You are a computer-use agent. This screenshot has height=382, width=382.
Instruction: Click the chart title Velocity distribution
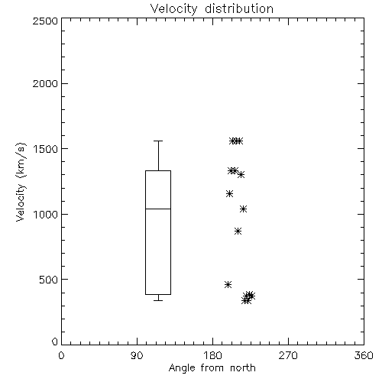[x=212, y=8]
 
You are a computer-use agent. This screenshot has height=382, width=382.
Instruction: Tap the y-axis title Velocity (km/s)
[x=21, y=182]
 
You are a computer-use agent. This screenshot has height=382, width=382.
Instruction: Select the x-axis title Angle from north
[x=212, y=367]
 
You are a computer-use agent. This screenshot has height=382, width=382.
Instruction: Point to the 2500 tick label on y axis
[x=45, y=21]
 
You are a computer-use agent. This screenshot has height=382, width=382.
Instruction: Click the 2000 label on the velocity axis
[x=45, y=83]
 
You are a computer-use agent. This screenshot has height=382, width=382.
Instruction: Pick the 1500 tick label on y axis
[x=46, y=149]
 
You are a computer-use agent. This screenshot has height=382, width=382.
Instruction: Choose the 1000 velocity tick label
[x=46, y=214]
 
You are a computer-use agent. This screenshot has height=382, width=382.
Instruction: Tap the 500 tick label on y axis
[x=48, y=280]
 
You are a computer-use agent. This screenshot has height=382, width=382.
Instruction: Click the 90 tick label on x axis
[x=137, y=355]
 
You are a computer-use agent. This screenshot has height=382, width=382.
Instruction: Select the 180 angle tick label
[x=212, y=355]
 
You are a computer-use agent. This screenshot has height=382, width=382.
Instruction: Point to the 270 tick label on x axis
[x=288, y=355]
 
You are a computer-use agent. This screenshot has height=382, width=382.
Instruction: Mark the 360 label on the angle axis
[x=364, y=355]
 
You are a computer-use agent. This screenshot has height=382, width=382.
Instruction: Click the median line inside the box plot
[x=158, y=209]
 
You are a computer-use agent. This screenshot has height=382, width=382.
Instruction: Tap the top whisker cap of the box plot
[x=158, y=141]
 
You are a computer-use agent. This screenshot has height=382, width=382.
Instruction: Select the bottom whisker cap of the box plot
[x=158, y=300]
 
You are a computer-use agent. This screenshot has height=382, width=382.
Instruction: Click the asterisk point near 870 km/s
[x=238, y=231]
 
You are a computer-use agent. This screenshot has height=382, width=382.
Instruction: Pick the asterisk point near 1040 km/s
[x=243, y=209]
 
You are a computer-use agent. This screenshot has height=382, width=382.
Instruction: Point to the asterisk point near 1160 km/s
[x=229, y=194]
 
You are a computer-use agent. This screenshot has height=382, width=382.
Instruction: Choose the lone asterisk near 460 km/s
[x=228, y=284]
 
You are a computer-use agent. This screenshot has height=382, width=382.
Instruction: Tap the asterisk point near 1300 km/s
[x=241, y=175]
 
